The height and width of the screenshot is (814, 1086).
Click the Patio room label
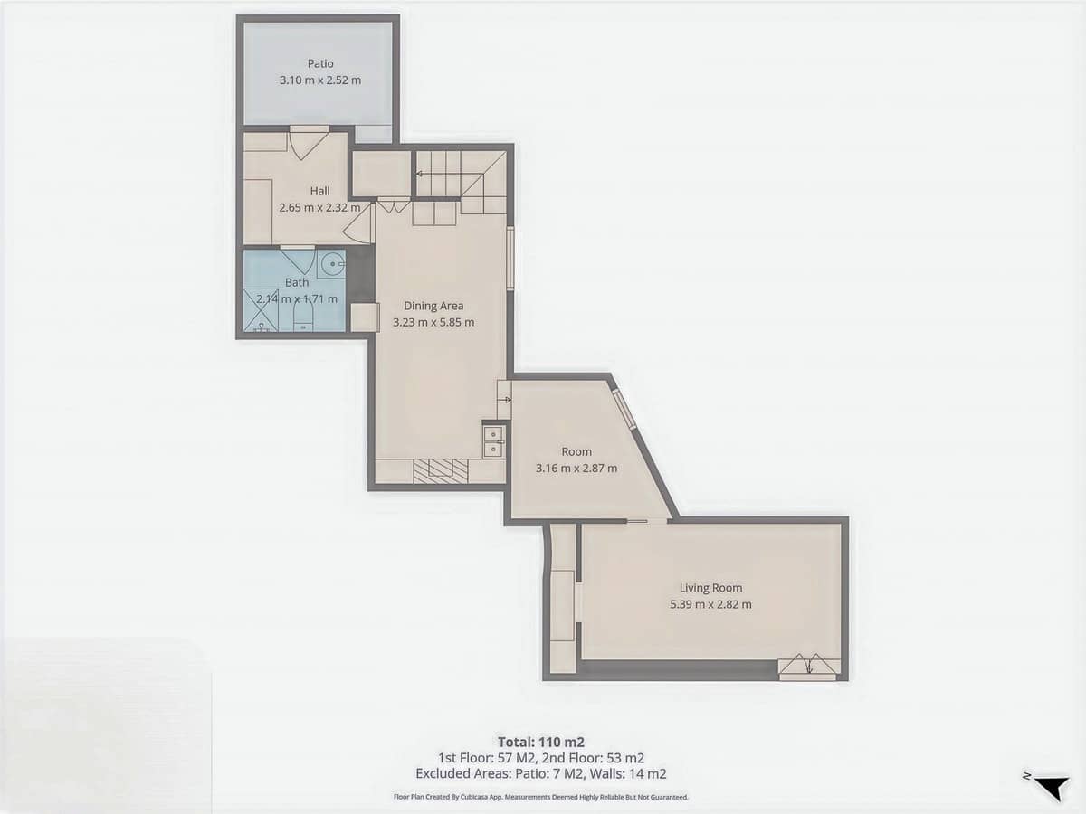tap(320, 64)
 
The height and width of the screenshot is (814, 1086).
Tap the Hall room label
tap(319, 191)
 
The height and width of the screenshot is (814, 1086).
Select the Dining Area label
tap(433, 306)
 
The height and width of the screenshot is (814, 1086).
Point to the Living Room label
tap(710, 588)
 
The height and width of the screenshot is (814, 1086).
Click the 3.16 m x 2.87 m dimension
tap(576, 468)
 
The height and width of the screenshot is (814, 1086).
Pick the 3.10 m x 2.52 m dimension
tap(320, 80)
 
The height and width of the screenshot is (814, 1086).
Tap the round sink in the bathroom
tap(331, 265)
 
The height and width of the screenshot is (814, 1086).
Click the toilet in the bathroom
tap(303, 315)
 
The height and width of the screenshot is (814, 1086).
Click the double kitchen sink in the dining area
tap(494, 440)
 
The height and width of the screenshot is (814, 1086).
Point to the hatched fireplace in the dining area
tap(441, 470)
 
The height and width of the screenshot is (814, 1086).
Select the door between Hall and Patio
tap(308, 142)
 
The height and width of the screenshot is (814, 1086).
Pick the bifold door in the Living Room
tap(808, 666)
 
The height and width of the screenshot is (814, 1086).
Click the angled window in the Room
tap(624, 410)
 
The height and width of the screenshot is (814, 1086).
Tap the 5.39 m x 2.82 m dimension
tap(710, 604)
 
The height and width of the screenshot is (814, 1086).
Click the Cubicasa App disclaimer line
tap(541, 797)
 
